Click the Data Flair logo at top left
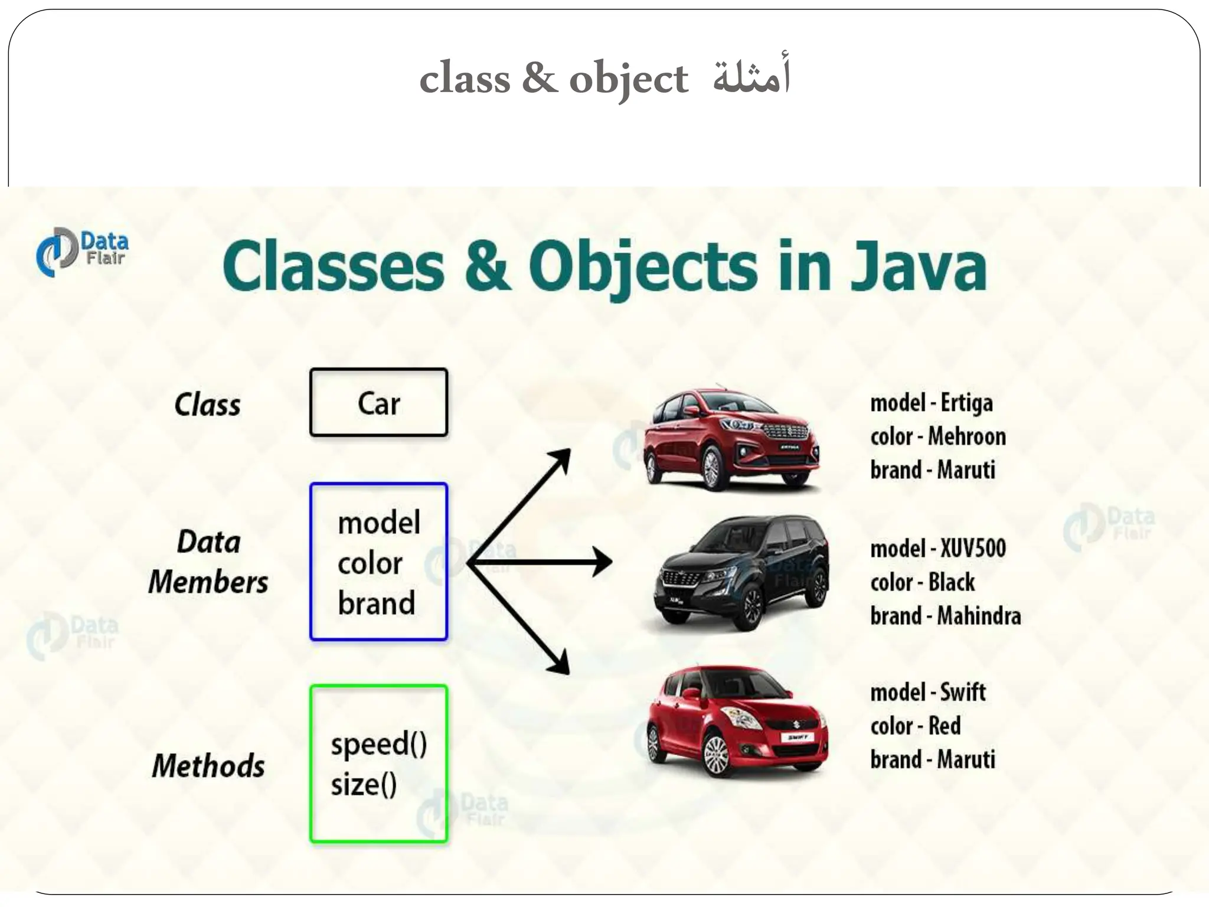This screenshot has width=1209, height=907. (x=81, y=252)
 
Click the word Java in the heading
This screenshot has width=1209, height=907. (x=918, y=267)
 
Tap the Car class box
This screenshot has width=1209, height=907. (x=378, y=403)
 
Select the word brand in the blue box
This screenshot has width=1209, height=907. (x=376, y=603)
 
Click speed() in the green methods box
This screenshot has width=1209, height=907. (x=378, y=744)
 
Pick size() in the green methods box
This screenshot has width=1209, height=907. (x=364, y=785)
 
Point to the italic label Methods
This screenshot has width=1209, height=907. (x=208, y=766)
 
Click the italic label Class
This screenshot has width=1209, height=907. (x=208, y=405)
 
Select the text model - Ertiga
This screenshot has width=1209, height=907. (x=931, y=403)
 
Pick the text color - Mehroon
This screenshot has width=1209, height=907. (x=937, y=437)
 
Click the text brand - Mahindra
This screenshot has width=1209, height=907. (x=945, y=616)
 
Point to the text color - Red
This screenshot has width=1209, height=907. (x=915, y=726)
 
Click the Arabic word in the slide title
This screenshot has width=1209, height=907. (x=751, y=77)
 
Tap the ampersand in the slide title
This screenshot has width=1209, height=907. (x=539, y=79)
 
